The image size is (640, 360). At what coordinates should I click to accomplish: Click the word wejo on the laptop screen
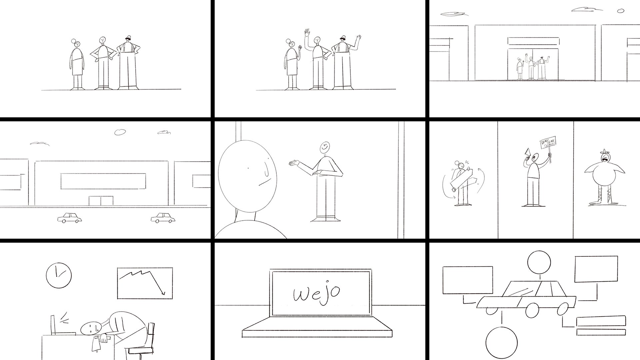[x=316, y=293]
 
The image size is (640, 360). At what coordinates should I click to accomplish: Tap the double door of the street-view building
[x=101, y=201]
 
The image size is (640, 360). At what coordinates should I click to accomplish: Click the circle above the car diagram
[x=539, y=263]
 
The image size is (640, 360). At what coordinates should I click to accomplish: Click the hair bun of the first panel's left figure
[x=74, y=42]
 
